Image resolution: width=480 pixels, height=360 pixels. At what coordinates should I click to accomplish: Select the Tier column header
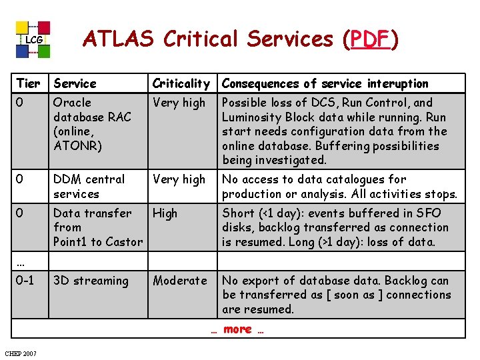tap(28, 83)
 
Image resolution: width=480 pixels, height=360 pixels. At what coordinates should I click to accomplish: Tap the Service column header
tap(75, 83)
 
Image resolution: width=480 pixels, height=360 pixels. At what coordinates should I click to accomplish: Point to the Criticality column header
tap(181, 83)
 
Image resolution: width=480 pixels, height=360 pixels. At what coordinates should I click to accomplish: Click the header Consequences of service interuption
tap(325, 83)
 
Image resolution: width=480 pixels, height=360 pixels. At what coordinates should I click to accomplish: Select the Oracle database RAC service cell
tap(92, 124)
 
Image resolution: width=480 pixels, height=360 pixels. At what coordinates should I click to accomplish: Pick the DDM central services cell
tap(89, 187)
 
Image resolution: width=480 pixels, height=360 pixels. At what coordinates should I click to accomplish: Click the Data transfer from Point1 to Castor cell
tap(97, 227)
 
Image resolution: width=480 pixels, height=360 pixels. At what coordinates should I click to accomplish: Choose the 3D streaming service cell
tap(91, 281)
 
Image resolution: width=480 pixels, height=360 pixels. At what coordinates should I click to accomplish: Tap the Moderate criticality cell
tap(180, 281)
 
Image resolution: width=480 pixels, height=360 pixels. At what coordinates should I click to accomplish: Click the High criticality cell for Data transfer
tap(165, 213)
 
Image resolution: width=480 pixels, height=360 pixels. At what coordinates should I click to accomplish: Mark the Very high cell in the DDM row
tap(179, 179)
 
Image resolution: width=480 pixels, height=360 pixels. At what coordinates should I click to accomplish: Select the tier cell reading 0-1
tap(25, 281)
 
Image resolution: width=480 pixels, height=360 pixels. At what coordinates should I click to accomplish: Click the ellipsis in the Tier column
tap(21, 260)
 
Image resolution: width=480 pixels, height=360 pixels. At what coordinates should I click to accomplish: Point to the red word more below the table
tap(237, 329)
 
